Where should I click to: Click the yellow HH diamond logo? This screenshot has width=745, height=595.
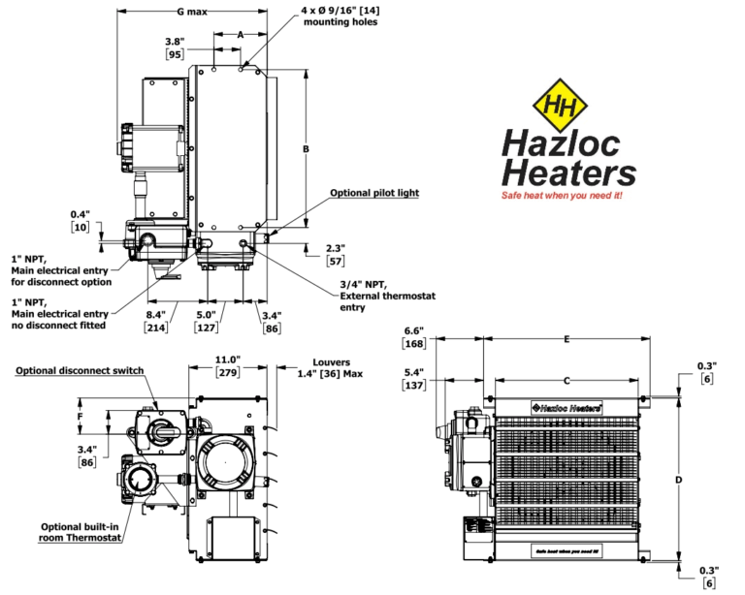coord(560,107)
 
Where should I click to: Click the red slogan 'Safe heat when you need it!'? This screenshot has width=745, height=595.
coord(561,195)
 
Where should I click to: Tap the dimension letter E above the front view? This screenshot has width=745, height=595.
coord(567,339)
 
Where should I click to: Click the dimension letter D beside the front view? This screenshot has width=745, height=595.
coord(680,479)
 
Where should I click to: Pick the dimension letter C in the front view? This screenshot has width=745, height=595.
coord(567,381)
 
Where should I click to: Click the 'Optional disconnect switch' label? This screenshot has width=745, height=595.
coord(81,370)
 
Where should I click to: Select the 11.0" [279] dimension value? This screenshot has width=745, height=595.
coord(228,365)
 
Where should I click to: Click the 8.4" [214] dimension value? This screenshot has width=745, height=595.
coord(155,321)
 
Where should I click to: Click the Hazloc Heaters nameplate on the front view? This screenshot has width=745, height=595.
coord(566,407)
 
